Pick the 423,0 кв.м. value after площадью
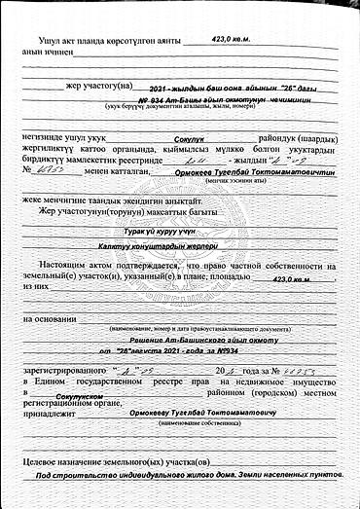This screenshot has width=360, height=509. click(x=291, y=279)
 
